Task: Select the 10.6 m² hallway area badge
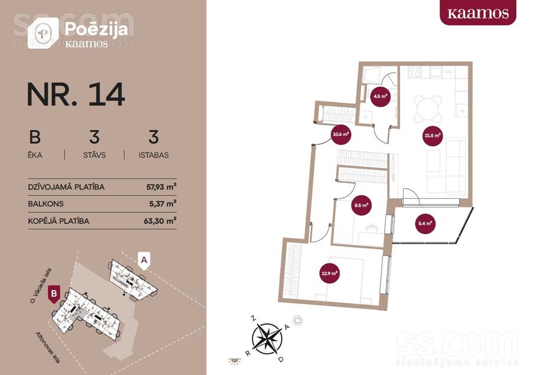[340, 134]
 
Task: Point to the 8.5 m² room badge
[361, 206]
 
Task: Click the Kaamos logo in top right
[477, 13]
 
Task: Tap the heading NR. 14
[76, 94]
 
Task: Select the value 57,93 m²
[162, 187]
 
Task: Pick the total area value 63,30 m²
[162, 221]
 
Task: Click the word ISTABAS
[153, 156]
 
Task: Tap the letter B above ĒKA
[35, 137]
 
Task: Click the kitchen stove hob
[415, 72]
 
